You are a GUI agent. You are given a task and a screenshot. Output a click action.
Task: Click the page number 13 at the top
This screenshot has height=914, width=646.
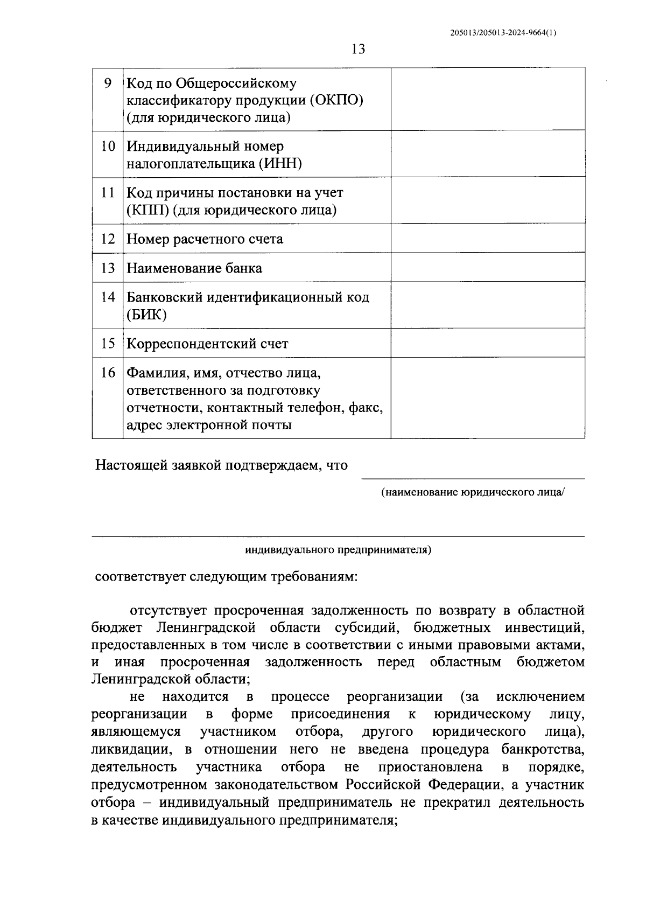(358, 50)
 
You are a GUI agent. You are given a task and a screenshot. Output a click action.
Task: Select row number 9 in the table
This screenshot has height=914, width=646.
(108, 83)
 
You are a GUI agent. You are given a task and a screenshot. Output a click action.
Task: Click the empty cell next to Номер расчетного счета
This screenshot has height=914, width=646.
(487, 239)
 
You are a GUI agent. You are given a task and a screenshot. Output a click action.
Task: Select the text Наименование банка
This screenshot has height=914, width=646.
(194, 268)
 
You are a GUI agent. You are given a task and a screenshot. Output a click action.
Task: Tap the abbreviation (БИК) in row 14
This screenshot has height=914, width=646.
(146, 315)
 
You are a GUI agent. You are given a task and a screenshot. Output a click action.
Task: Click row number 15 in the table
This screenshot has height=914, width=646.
(108, 343)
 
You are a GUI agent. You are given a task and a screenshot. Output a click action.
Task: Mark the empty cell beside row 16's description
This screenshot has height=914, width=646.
(487, 398)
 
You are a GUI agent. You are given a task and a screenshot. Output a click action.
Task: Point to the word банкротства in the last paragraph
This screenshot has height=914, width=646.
(543, 749)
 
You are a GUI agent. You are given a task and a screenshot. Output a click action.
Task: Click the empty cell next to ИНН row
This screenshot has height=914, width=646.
(487, 154)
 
